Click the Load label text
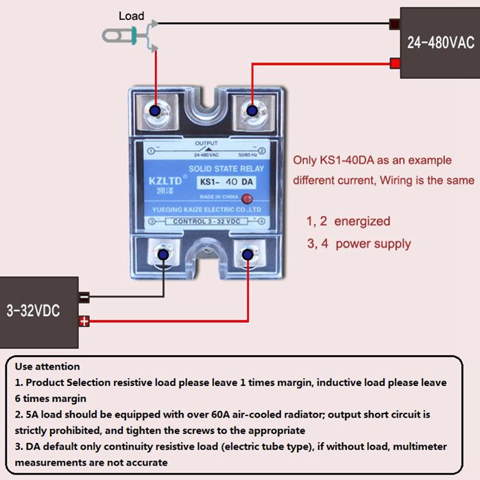tap(132, 16)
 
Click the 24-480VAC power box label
tap(440, 43)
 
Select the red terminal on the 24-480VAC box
tap(395, 64)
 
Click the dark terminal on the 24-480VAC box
tap(395, 25)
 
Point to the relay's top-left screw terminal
tap(156, 110)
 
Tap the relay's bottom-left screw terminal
tap(163, 255)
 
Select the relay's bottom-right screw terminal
tap(248, 255)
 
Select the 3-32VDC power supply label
tap(33, 311)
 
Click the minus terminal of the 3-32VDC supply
tap(84, 298)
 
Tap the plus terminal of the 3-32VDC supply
tap(84, 321)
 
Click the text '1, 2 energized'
tap(348, 221)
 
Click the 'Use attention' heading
tap(47, 367)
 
